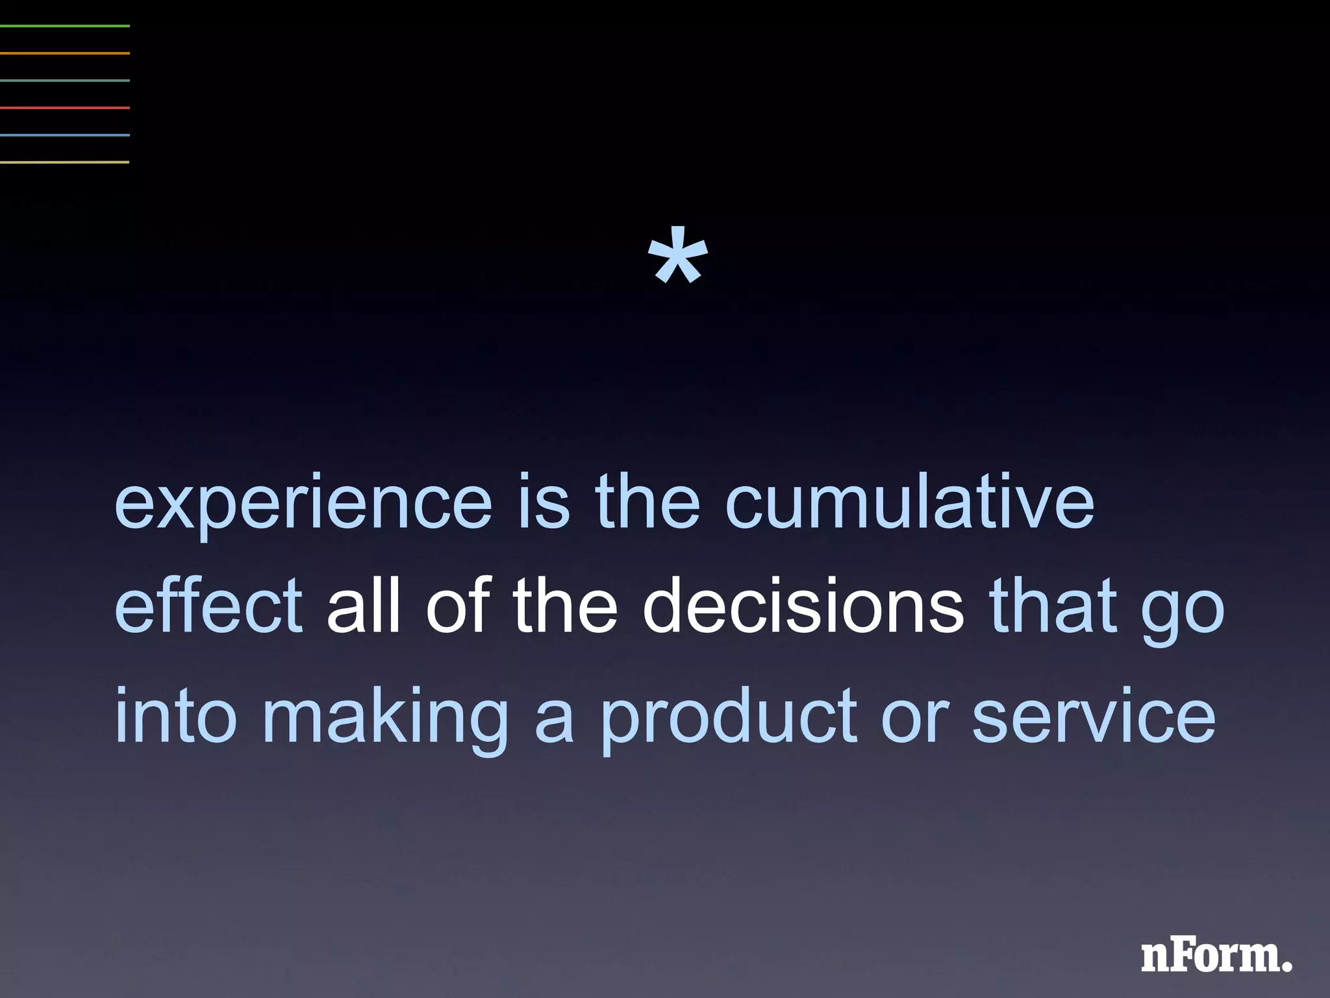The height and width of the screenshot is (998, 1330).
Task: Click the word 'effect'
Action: pyautogui.click(x=208, y=607)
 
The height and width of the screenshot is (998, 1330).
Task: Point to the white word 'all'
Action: pyautogui.click(x=363, y=607)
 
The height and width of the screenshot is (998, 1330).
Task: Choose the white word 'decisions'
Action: pyautogui.click(x=803, y=607)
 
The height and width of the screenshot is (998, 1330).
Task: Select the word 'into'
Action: pyautogui.click(x=175, y=715)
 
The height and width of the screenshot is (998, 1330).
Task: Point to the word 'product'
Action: pyautogui.click(x=728, y=719)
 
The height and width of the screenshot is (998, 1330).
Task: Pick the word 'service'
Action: pyautogui.click(x=1094, y=715)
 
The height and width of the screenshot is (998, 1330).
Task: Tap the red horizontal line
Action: pyautogui.click(x=65, y=107)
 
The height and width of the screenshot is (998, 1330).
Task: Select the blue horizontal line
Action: pyautogui.click(x=65, y=134)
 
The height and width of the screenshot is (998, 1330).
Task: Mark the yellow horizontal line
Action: pyautogui.click(x=65, y=162)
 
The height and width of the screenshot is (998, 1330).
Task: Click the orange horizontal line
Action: pyautogui.click(x=65, y=53)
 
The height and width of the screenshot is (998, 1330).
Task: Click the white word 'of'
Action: pyautogui.click(x=456, y=607)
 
